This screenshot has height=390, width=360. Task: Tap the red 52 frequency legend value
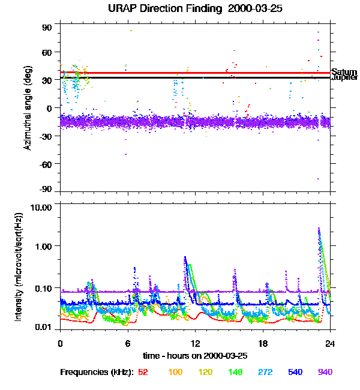click(143, 373)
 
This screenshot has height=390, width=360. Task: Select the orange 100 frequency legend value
click(175, 373)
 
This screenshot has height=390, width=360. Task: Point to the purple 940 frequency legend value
click(325, 373)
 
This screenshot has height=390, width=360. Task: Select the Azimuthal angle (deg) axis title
click(28, 108)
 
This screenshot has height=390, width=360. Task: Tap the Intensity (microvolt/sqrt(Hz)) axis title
click(19, 266)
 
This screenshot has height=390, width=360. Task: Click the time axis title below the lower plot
click(195, 356)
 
